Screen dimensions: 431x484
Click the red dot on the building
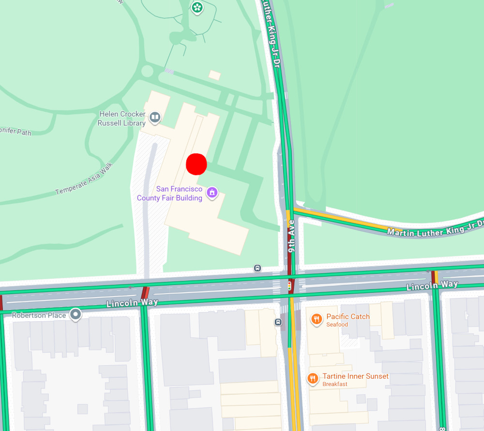click(197, 164)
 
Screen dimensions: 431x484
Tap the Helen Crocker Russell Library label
click(121, 119)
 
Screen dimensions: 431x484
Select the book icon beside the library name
click(155, 117)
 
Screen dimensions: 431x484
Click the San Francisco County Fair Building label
click(169, 193)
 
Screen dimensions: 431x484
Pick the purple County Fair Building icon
click(212, 193)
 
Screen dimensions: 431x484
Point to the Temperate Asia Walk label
click(84, 178)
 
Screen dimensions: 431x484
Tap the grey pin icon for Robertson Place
click(76, 315)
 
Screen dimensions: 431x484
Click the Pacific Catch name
click(348, 316)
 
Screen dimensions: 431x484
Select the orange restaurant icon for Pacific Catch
click(317, 318)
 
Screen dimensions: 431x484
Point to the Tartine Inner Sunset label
click(355, 376)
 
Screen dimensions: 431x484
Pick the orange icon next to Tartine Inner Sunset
click(313, 378)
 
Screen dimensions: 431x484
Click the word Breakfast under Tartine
click(335, 384)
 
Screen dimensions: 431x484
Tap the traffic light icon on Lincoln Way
click(290, 285)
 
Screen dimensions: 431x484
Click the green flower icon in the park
click(197, 7)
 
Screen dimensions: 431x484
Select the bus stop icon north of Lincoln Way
click(257, 268)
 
